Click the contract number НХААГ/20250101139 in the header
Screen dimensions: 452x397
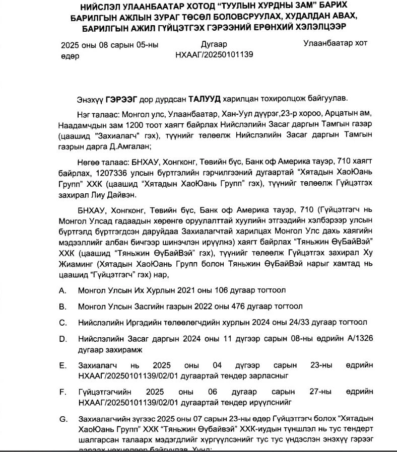[x=214, y=55]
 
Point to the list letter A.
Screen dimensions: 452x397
[x=62, y=290]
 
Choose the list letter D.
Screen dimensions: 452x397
[x=62, y=339]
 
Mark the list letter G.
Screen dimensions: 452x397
[x=63, y=419]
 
